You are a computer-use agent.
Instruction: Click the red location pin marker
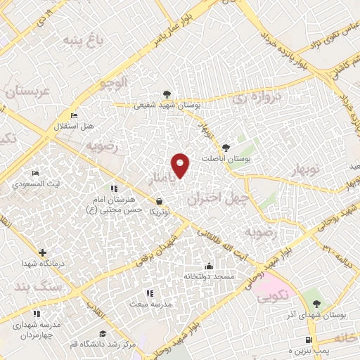tap(181, 165)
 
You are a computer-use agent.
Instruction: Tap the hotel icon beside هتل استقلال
tap(75, 116)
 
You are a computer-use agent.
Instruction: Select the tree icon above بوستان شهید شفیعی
tap(167, 94)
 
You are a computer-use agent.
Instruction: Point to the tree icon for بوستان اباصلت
tap(225, 148)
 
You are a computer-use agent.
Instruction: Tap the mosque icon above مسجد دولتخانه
tap(208, 266)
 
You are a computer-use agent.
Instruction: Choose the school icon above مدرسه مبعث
tap(148, 293)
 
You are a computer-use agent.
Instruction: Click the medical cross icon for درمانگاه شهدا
tap(43, 252)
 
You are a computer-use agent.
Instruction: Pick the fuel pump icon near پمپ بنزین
tap(309, 337)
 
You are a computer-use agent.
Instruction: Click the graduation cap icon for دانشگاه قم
tap(103, 333)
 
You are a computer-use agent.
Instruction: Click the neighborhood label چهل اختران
tap(215, 200)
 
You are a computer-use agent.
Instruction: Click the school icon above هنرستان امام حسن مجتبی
tap(113, 189)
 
